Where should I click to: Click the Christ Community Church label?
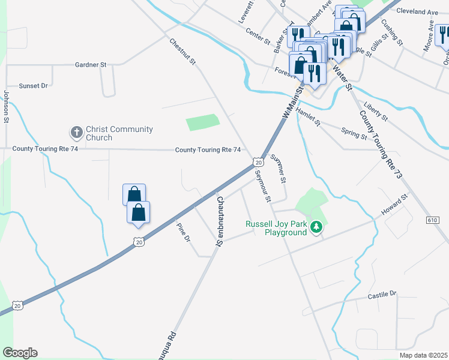119,133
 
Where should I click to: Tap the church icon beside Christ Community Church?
76,132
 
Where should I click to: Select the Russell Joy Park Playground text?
276,228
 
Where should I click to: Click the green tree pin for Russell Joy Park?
318,227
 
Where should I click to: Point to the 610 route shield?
432,221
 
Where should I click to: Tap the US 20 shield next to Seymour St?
258,162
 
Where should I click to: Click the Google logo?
20,353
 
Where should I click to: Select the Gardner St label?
91,64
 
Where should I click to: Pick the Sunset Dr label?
33,86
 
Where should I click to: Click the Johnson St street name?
6,107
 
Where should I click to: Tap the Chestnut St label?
183,52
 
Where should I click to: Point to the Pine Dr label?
183,233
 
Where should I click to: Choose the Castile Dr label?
382,294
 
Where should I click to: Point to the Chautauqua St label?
220,221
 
